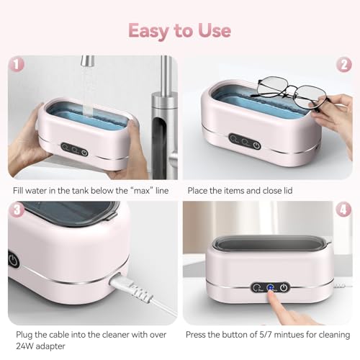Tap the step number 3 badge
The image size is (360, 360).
click(17, 210)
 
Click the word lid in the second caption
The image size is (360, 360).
click(294, 191)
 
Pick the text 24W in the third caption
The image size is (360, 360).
click(24, 346)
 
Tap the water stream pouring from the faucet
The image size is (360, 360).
click(85, 90)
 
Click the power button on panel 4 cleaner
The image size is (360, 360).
click(284, 287)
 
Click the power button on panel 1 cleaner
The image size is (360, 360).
click(84, 153)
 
